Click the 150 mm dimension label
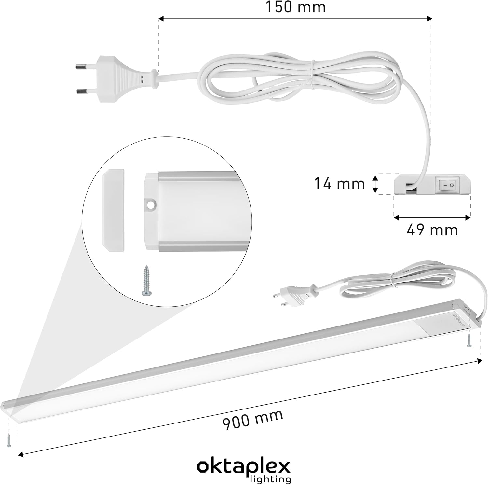coord(295,7)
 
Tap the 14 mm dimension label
coord(339,183)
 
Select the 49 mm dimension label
coord(432,230)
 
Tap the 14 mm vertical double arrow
coord(375,184)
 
